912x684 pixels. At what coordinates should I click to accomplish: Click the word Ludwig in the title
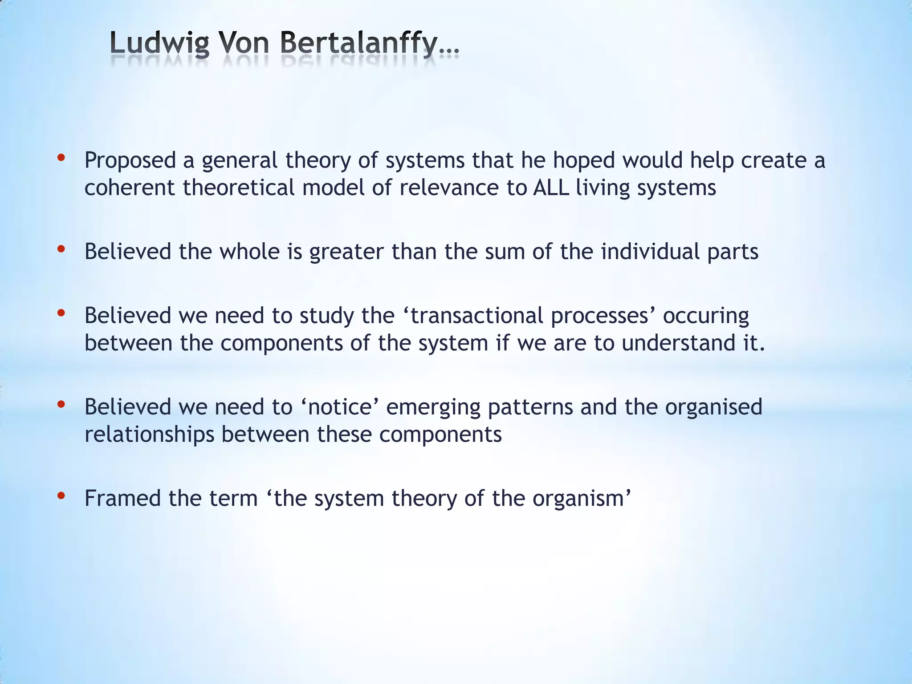point(159,45)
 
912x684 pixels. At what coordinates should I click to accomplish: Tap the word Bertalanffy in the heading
point(359,45)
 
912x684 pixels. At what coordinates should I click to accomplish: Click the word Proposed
point(130,161)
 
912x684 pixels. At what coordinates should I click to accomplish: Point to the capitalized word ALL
point(551,187)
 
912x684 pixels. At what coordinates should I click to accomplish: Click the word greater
point(346,252)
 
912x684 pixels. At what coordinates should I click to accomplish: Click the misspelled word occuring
point(706,316)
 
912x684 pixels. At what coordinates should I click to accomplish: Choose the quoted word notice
point(340,407)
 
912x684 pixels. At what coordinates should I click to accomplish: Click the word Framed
point(122,498)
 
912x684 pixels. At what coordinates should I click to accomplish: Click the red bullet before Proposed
point(61,158)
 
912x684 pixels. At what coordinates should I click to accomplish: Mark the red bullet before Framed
point(61,496)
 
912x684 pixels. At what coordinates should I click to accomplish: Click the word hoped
point(584,161)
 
